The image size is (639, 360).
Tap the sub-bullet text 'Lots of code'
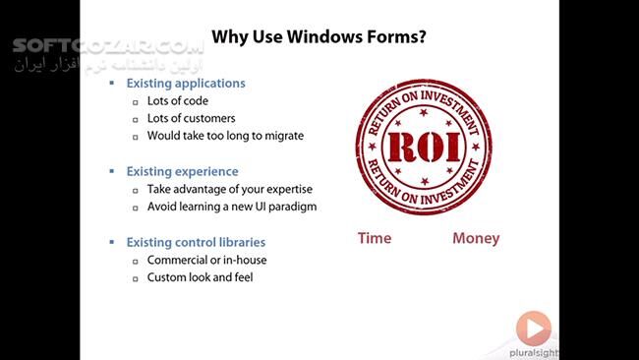[177, 100]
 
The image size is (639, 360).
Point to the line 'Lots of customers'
[193, 118]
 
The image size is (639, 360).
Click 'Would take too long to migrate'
[225, 136]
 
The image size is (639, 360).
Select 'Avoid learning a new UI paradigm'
[232, 207]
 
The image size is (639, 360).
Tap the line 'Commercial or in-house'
[206, 260]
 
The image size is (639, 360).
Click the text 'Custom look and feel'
[201, 277]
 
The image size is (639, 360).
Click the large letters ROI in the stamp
[427, 147]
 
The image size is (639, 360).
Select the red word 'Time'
[375, 238]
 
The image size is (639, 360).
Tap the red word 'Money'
[476, 238]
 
